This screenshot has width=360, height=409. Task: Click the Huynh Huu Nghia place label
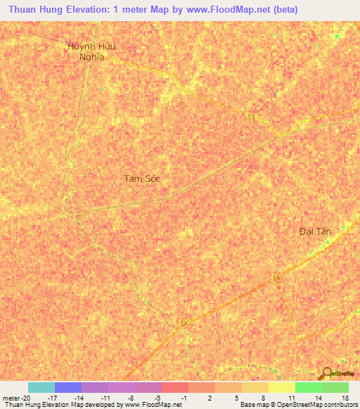[x=91, y=51]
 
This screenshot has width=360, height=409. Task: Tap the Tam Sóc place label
[x=143, y=178]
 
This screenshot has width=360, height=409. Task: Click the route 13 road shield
[x=251, y=117]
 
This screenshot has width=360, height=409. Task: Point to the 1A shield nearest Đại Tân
[x=276, y=279]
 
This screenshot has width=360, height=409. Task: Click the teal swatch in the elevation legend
[x=41, y=387]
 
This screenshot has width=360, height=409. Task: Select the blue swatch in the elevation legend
[x=68, y=387]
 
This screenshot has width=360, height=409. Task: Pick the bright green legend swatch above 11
[x=308, y=387]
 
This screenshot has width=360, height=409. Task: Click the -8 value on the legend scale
[x=131, y=398]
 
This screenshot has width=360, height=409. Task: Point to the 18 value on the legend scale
[x=344, y=398]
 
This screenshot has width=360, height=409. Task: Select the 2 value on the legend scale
[x=211, y=398]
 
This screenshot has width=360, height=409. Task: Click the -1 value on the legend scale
[x=184, y=398]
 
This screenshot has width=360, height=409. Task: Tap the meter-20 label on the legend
[x=16, y=398]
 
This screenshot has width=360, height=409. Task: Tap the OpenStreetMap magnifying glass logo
[x=326, y=372]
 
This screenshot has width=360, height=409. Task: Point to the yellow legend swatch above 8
[x=255, y=387]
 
